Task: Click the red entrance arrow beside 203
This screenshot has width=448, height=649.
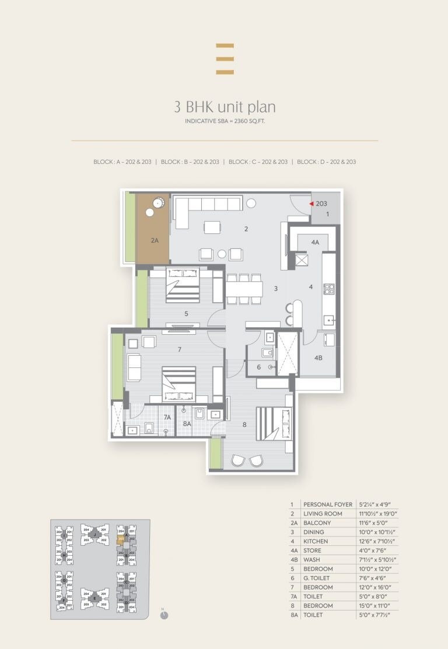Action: pos(312,204)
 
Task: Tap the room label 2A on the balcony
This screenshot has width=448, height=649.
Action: pos(154,240)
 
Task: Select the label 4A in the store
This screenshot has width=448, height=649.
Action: pos(315,241)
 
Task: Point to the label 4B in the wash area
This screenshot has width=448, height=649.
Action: pos(318,358)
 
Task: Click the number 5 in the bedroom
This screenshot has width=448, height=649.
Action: pos(186,314)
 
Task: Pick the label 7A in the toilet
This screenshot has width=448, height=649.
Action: pos(167,417)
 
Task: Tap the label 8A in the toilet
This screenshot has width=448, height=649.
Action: pos(187,424)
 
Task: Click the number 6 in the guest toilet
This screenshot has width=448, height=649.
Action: pos(258,367)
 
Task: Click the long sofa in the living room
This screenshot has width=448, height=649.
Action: pos(207,205)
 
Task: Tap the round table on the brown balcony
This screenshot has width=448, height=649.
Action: pos(157,203)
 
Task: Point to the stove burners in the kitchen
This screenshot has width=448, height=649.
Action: pos(328,288)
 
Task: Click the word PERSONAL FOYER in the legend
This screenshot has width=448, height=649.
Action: pos(327,504)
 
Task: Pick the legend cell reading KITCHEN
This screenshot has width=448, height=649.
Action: pos(316,541)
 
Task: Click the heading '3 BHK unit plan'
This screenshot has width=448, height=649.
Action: pos(225,107)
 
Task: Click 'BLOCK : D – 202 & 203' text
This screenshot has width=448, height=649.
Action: pos(326,162)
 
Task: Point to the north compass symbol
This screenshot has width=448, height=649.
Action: pos(164,615)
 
